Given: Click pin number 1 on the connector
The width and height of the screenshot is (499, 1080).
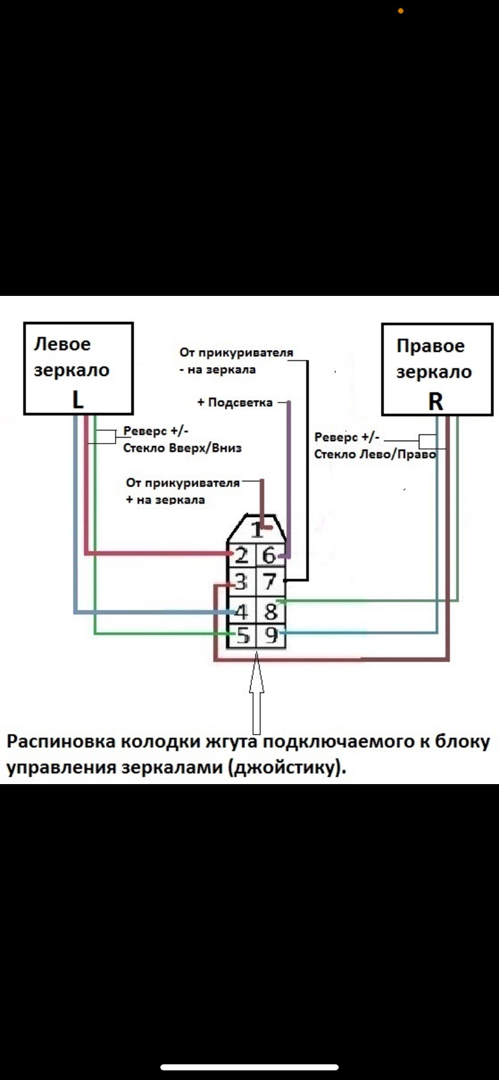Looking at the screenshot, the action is pyautogui.click(x=257, y=530).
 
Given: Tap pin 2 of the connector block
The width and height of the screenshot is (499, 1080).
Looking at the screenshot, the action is pyautogui.click(x=241, y=555).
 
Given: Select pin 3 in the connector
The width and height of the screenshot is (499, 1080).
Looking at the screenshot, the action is pyautogui.click(x=241, y=582).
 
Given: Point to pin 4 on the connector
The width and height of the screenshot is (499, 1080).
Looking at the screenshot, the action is pyautogui.click(x=242, y=612).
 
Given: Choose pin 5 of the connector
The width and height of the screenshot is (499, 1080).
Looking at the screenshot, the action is pyautogui.click(x=242, y=635).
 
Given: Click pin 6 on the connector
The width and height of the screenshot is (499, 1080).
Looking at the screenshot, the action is pyautogui.click(x=269, y=555).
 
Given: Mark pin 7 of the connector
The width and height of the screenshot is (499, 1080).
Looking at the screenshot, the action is pyautogui.click(x=269, y=582).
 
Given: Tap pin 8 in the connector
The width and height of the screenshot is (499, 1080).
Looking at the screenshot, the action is pyautogui.click(x=271, y=612).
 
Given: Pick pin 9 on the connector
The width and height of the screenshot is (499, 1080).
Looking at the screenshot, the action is pyautogui.click(x=272, y=635).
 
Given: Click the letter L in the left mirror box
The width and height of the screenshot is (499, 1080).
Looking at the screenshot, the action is pyautogui.click(x=78, y=400).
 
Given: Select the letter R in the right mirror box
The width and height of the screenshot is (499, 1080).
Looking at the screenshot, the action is pyautogui.click(x=436, y=401).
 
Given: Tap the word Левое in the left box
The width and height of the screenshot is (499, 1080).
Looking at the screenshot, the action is pyautogui.click(x=62, y=344).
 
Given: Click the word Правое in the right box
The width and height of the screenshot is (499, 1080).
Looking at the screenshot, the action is pyautogui.click(x=430, y=346).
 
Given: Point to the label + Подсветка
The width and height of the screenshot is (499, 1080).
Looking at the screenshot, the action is pyautogui.click(x=235, y=403).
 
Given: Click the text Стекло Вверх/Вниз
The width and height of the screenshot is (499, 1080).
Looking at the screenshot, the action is pyautogui.click(x=183, y=448).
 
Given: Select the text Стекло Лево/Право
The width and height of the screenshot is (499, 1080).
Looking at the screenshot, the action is pyautogui.click(x=375, y=454).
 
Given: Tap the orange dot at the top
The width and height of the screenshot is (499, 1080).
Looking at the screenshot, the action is pyautogui.click(x=401, y=11).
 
